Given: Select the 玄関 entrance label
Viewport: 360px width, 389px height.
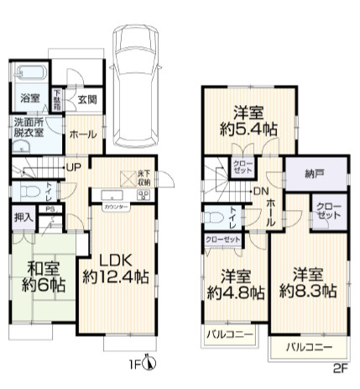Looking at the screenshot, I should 86,99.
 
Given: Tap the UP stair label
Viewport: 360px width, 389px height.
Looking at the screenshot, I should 74,167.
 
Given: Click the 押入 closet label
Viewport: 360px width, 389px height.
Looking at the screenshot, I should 23,217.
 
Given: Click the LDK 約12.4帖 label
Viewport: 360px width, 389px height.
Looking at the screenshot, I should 117,266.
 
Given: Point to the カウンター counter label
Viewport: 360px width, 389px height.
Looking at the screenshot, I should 117,205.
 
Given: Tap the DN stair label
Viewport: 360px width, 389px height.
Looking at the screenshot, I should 261,192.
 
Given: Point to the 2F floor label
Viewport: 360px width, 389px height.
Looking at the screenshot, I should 339,368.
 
